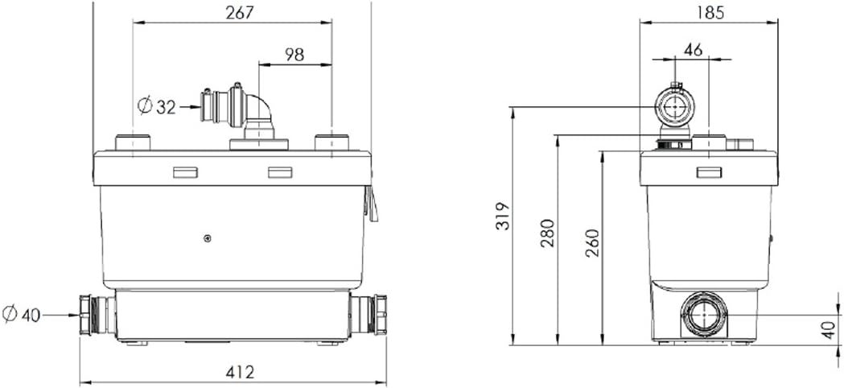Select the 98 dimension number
coord(294,54)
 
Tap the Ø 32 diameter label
coord(156,105)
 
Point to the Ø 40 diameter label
coord(21,315)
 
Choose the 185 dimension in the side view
coord(709,11)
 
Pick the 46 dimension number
coord(692,49)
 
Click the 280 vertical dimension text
coord(548,233)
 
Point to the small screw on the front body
coord(208,237)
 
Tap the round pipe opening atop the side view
coord(673,105)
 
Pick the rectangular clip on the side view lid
coord(709,171)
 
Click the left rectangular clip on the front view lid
coord(185,172)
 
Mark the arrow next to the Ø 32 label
coord(190,105)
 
